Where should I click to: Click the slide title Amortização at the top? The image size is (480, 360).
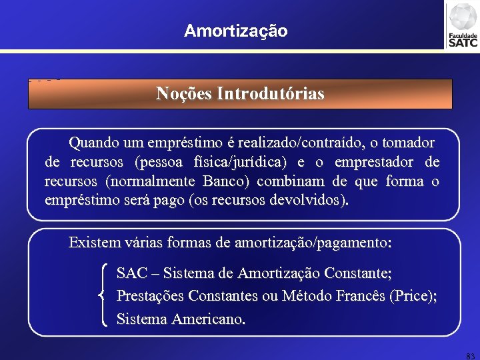click(236, 31)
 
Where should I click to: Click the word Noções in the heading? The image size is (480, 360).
click(184, 94)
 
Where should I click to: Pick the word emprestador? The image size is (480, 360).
click(371, 162)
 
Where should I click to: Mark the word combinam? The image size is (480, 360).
click(290, 181)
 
